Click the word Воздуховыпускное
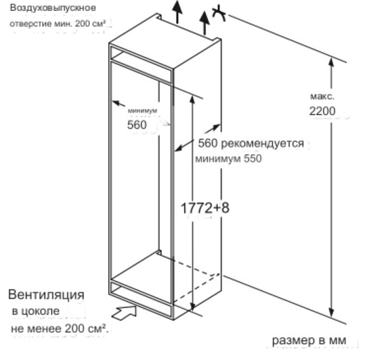coord(53,8)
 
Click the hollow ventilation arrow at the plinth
coord(124,313)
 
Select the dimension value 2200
coord(322,111)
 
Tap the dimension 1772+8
coord(205,208)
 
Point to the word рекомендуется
coord(262,143)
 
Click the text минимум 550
coord(228,158)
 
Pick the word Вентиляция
coord(46,294)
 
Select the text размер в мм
coord(309,340)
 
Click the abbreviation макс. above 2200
coord(322,96)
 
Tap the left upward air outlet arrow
coord(177,12)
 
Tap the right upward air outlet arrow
coord(205,23)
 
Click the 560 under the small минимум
coord(137,125)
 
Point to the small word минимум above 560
coord(142,111)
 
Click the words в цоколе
coord(36,311)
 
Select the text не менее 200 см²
coord(60,329)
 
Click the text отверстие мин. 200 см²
coord(58,24)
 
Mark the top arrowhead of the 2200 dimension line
coord(332,62)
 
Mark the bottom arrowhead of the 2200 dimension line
coord(332,312)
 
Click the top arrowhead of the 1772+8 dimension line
coord(192,99)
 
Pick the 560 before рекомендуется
coord(208,143)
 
